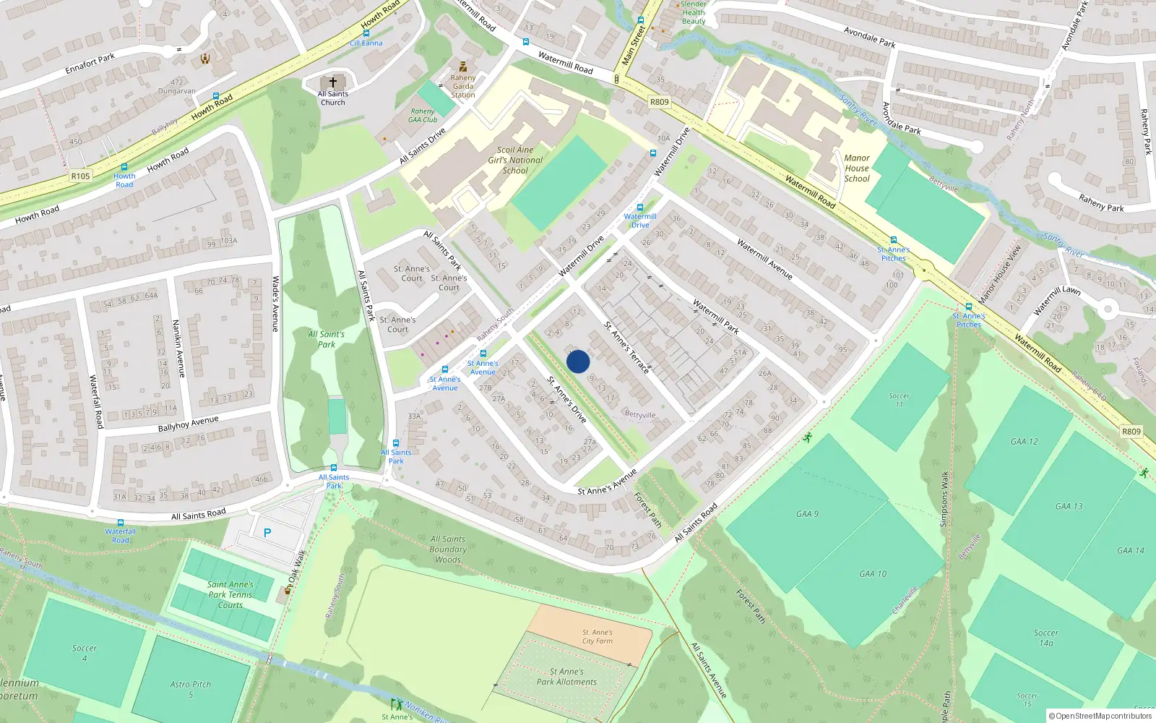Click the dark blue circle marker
[x=578, y=361]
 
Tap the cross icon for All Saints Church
[x=333, y=82]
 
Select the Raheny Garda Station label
[x=463, y=86]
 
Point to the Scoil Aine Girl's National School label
[x=515, y=161]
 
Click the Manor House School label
[x=857, y=168]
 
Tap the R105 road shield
[x=80, y=176]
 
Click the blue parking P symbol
[x=267, y=533]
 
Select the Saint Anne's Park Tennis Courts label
[x=230, y=595]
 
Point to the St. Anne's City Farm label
[x=598, y=636]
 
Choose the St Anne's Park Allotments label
[x=566, y=677]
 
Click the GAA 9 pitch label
[x=807, y=514]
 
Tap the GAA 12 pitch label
[x=1024, y=441]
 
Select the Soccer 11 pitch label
[x=899, y=400]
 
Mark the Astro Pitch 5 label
[x=191, y=689]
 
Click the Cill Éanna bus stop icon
[x=366, y=33]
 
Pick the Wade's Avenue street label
[x=275, y=304]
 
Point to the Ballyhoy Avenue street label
[x=188, y=424]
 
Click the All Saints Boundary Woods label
[x=448, y=549]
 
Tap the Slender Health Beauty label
[x=693, y=13]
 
